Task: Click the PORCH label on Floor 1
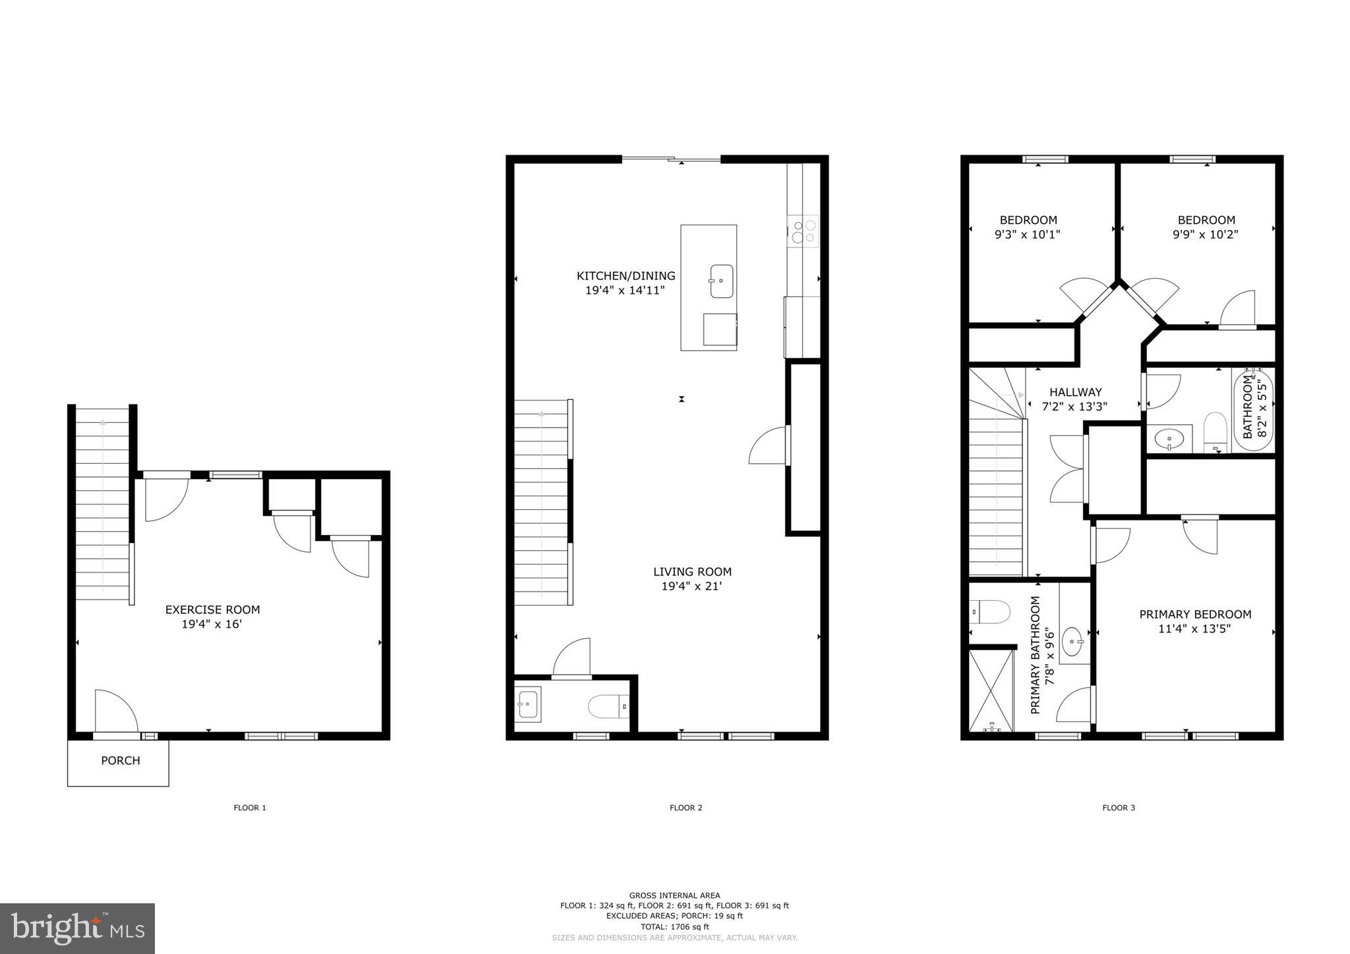(120, 760)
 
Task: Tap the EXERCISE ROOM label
(212, 609)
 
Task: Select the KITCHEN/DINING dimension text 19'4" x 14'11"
(625, 290)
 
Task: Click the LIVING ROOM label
(692, 572)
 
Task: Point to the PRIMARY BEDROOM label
(1195, 614)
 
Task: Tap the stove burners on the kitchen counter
(803, 231)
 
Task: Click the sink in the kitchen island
(721, 281)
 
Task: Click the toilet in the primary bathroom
(990, 611)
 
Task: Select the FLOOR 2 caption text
(686, 808)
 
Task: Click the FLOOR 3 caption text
(1119, 808)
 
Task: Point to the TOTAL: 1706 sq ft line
(674, 926)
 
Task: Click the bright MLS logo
(77, 928)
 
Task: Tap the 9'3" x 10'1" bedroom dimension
(1027, 235)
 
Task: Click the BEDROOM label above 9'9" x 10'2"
(1206, 220)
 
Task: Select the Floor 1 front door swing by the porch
(116, 712)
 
